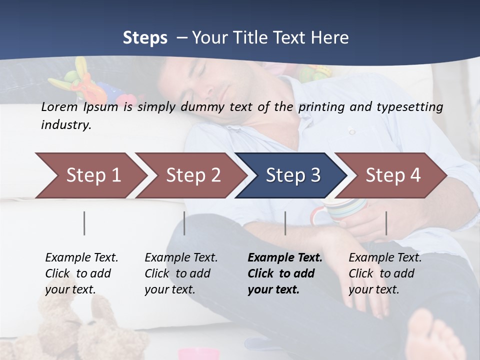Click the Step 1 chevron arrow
point(90,175)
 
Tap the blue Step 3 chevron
point(291,175)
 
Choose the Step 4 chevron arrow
point(391,175)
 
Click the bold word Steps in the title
point(145,38)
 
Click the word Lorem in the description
point(59,106)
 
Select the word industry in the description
point(65,125)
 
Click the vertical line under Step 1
point(84,223)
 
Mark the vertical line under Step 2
point(184,223)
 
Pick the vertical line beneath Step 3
point(285,223)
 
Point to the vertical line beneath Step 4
point(386,223)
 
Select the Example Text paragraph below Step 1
point(81,273)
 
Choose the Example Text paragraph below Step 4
point(385,273)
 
